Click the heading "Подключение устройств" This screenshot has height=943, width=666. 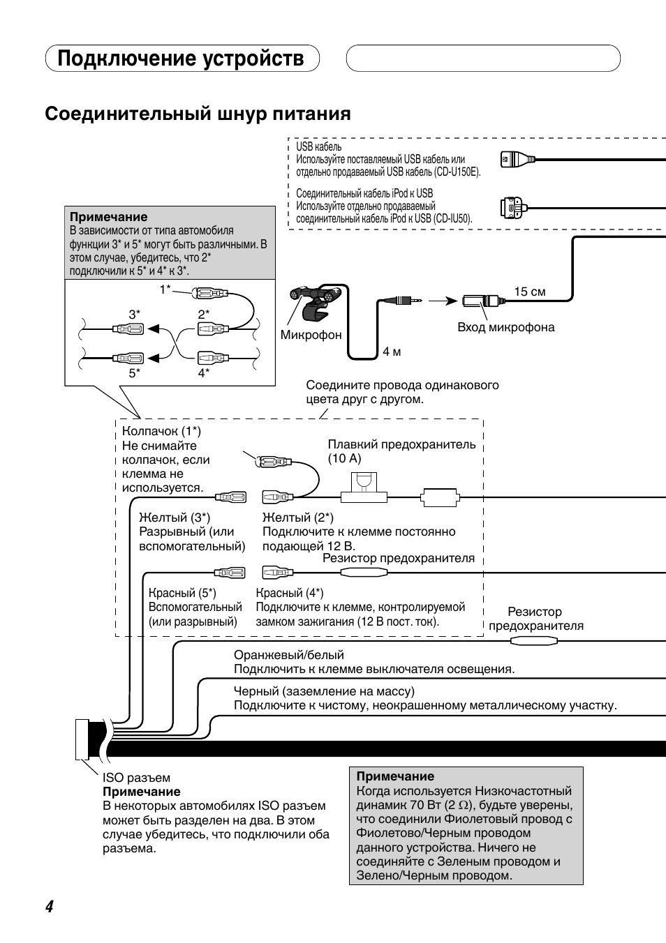click(180, 58)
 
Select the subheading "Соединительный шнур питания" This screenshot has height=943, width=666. click(198, 114)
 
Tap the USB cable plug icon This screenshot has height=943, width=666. click(518, 160)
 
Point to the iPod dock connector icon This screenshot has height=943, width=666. click(515, 208)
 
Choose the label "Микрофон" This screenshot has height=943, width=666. click(311, 335)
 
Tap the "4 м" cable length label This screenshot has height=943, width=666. click(392, 352)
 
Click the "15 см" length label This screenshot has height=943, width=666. click(529, 292)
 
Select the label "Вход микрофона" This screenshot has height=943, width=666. click(506, 327)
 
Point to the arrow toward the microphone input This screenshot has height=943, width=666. click(443, 301)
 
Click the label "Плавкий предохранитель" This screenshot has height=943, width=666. click(402, 444)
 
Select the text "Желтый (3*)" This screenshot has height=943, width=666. click(175, 517)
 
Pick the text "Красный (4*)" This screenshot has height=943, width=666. click(290, 593)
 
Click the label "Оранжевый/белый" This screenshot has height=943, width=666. click(289, 655)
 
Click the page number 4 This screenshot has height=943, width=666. click(50, 906)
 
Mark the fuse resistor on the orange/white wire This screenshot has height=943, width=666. click(534, 641)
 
